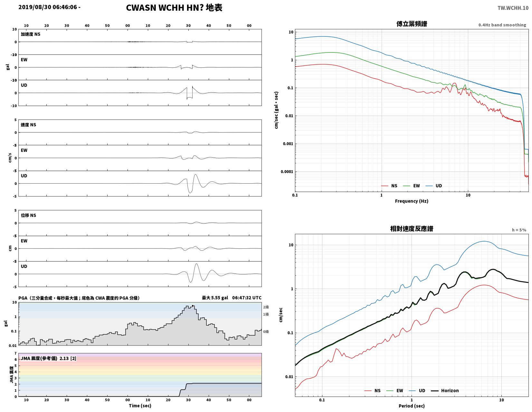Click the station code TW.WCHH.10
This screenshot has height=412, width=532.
point(513,8)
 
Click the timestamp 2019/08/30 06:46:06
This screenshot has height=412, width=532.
point(48,7)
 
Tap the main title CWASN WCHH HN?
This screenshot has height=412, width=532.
point(165,8)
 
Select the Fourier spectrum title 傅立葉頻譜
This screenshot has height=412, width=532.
point(411,24)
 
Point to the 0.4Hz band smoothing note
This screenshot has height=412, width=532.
point(502,25)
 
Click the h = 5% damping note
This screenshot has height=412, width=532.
point(518,230)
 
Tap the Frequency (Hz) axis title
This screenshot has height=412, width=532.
point(411,201)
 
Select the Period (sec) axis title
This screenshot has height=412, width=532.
point(411,406)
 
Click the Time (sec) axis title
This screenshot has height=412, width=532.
point(140,405)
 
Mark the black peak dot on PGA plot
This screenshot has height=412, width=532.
point(193,306)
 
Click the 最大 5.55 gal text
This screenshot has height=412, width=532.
point(215,298)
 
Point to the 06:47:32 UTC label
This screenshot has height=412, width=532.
point(247,298)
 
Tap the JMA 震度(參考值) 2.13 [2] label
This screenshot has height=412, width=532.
point(48,358)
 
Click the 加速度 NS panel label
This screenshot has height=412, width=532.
point(30,34)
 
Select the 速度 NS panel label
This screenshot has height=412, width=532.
point(28,125)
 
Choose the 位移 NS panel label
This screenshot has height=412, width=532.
point(28,216)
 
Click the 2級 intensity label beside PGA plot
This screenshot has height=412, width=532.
point(266,307)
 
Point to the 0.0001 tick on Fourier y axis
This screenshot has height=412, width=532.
point(287,172)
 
